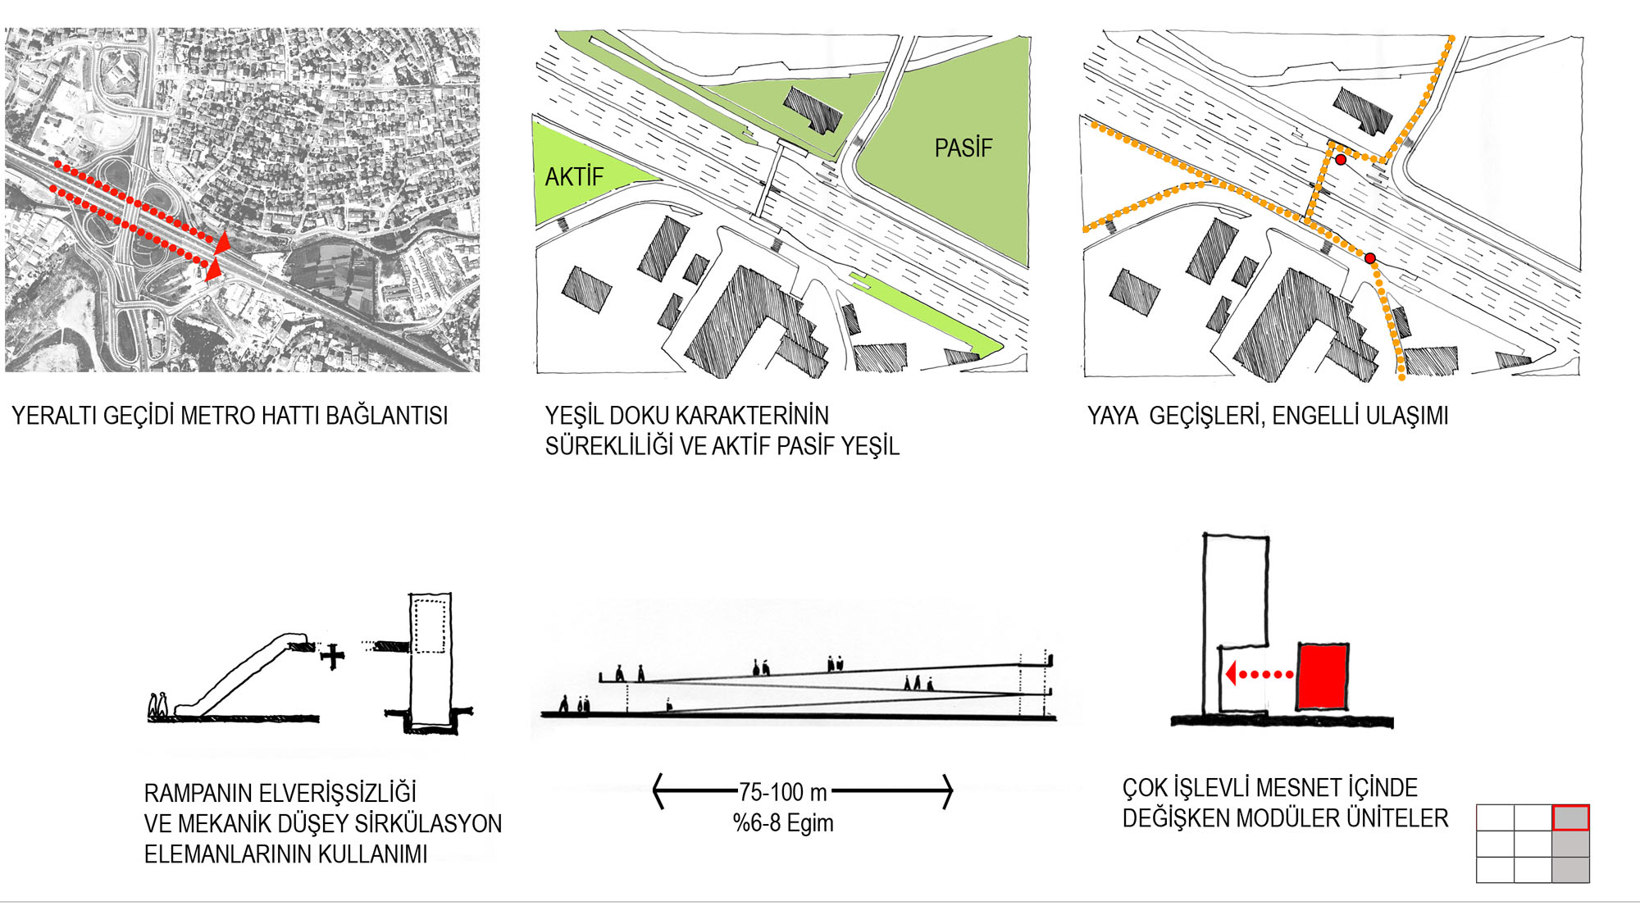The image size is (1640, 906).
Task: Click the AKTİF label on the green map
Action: coord(574,177)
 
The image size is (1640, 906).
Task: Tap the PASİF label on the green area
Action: coord(963,148)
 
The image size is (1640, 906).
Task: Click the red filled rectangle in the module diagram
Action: coord(1322,676)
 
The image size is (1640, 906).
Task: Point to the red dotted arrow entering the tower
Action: coord(1259,674)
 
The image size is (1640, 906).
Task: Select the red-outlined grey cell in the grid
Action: coord(1570,817)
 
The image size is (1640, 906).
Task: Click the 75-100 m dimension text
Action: coord(782,792)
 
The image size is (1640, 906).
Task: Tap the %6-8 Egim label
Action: coord(783,822)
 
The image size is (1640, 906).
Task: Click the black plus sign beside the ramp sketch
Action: coord(332,656)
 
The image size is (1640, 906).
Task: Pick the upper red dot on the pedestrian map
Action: coord(1340,160)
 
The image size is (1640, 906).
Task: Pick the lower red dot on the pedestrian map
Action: coord(1370,258)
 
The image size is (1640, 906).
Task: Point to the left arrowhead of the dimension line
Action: coord(658,791)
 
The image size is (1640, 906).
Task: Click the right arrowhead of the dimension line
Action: coord(948,791)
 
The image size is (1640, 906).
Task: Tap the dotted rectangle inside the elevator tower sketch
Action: coord(430,626)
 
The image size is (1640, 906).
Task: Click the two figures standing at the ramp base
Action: coord(158,706)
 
